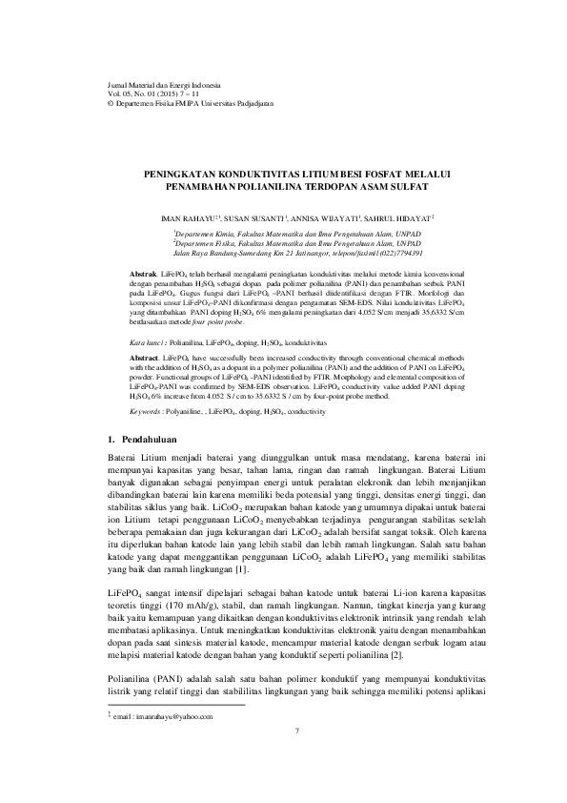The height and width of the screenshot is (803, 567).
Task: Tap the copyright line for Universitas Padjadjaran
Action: (180, 101)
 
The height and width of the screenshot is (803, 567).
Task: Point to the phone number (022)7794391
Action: (411, 253)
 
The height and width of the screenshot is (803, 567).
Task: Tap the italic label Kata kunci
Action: (149, 340)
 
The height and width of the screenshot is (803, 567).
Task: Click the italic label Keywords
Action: (147, 411)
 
